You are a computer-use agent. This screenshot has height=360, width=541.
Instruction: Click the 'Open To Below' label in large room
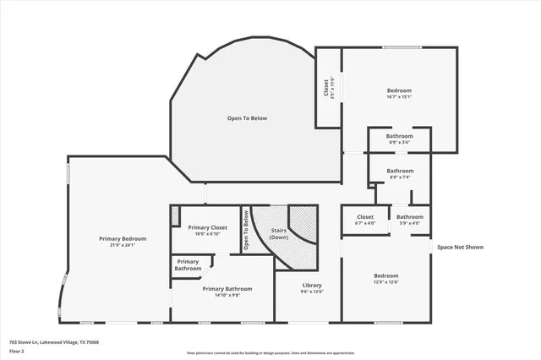point(247,118)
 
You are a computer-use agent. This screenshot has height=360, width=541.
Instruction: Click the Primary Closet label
point(207,227)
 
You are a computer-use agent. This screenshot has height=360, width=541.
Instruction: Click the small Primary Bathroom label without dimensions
point(188,265)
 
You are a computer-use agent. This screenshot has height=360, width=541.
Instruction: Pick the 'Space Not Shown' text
point(460,248)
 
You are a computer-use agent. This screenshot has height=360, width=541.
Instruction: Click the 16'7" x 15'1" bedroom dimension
point(399,96)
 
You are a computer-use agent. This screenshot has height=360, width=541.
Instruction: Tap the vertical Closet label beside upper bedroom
point(326,87)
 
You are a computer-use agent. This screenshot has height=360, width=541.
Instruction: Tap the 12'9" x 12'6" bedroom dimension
point(386,282)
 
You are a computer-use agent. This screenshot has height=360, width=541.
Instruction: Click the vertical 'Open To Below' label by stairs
point(246,229)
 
